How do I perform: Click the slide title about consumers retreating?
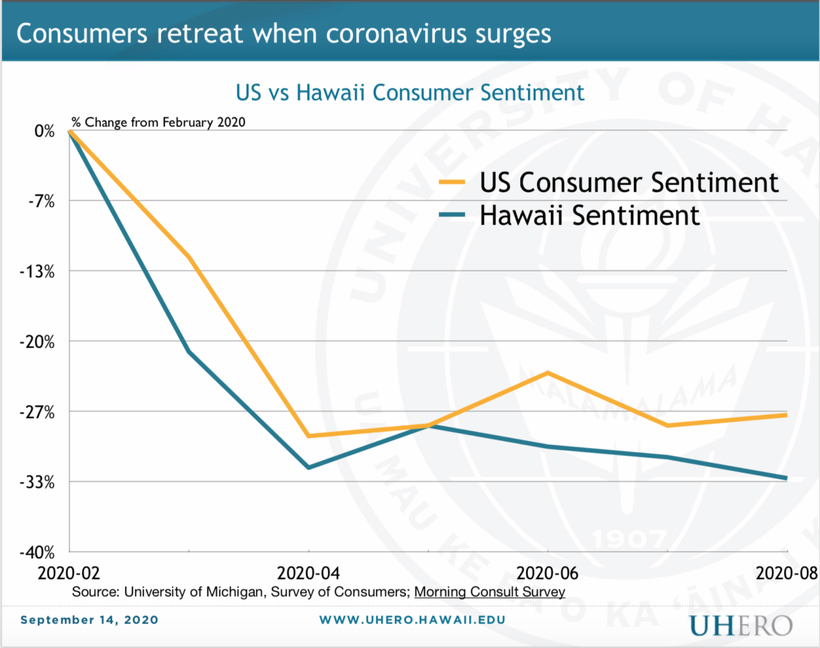point(284,33)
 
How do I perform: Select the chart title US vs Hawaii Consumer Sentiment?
point(410,92)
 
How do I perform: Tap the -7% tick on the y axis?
point(42,201)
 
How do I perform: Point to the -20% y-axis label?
point(39,342)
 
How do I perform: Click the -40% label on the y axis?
point(39,552)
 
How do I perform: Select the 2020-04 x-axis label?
point(308,573)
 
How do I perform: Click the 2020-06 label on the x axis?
point(547,573)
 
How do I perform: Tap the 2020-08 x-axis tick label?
point(786,573)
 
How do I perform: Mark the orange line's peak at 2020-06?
point(548,373)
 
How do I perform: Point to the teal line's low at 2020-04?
point(309,467)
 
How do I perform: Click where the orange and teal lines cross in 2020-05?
point(429,426)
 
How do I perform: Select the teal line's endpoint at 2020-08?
point(786,478)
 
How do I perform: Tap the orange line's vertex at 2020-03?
point(188,257)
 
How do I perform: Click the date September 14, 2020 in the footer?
point(89,620)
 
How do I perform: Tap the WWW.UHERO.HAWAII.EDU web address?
point(411,620)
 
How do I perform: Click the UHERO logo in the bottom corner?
point(740,626)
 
